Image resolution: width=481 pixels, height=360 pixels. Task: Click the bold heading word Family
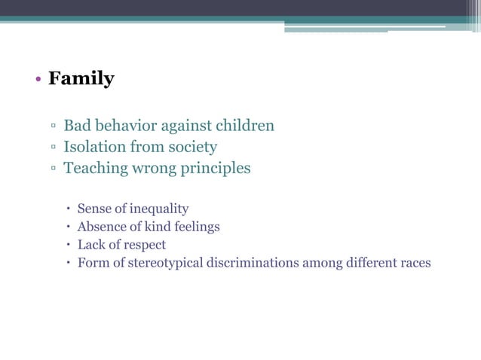[81, 78]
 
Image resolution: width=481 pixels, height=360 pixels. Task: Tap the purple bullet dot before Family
[37, 80]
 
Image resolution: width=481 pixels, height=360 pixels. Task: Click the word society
[191, 146]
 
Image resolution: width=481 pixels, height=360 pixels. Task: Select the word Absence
[100, 227]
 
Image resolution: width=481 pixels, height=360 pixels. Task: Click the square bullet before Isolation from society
[54, 148]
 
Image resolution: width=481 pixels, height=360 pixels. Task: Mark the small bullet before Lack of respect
[68, 246]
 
